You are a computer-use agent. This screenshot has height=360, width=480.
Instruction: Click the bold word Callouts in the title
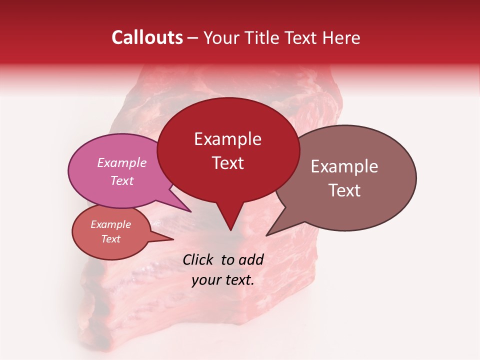(147, 37)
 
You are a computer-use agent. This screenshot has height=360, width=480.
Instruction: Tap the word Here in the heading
(341, 37)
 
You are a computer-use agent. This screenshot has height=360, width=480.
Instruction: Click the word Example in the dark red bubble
(227, 139)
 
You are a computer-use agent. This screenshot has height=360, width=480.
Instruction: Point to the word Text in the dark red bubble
(227, 163)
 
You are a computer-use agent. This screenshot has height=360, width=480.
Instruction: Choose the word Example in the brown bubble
(344, 166)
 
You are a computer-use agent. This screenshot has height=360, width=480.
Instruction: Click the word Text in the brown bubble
(344, 190)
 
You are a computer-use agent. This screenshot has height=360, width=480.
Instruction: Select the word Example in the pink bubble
(121, 163)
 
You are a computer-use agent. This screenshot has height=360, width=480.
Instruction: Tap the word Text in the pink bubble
(121, 180)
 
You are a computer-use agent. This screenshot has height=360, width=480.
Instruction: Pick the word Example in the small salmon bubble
(110, 224)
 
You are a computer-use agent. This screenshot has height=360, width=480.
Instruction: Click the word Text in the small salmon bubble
(110, 239)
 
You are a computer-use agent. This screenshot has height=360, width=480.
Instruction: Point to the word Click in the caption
(198, 259)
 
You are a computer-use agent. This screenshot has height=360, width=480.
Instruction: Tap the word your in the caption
(206, 280)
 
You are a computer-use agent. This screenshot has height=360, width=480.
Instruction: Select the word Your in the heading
(221, 37)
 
